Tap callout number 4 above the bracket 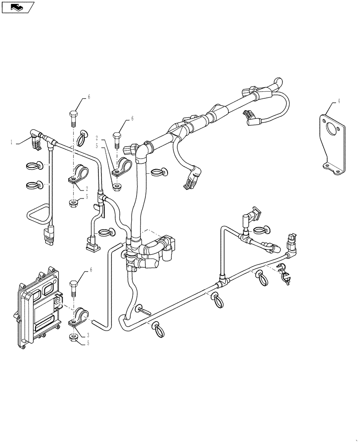tap(339, 101)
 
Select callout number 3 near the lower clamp tap(87, 336)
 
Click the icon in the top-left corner tap(17, 7)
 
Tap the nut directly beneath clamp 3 tap(74, 338)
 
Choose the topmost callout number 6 tap(88, 97)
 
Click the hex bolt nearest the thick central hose tap(117, 140)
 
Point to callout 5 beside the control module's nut tap(87, 343)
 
